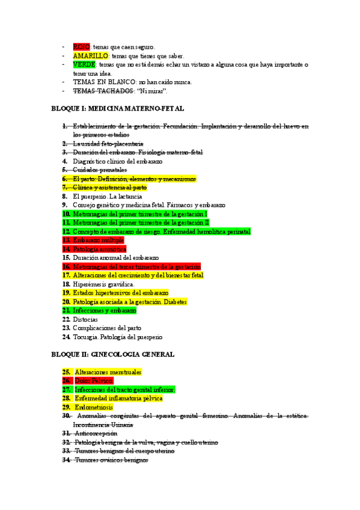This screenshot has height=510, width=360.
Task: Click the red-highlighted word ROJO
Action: tap(81, 47)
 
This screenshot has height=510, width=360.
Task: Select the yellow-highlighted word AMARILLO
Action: tap(88, 56)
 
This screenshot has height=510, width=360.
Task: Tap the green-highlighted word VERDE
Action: tap(84, 64)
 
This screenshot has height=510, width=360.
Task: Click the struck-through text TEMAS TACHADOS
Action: tap(103, 91)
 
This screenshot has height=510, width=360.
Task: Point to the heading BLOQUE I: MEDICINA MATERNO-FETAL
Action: tap(117, 109)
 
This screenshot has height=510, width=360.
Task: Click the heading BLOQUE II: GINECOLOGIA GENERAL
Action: tap(113, 354)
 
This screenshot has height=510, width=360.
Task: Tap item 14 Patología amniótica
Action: tap(99, 248)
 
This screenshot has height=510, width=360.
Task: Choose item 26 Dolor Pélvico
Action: tap(93, 381)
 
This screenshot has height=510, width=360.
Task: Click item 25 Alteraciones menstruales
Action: tap(108, 372)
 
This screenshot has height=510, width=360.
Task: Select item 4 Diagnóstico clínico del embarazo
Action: tap(117, 161)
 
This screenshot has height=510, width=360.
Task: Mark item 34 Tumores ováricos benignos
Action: tap(111, 459)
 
